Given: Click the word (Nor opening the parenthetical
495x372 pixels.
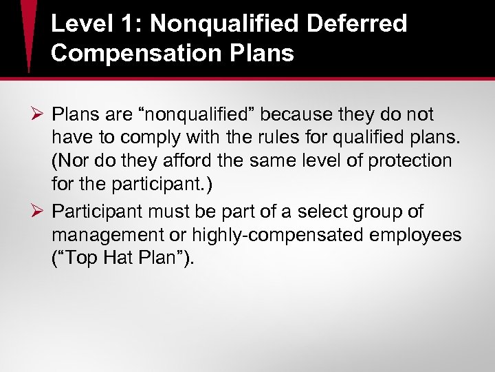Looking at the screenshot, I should (x=68, y=161).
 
